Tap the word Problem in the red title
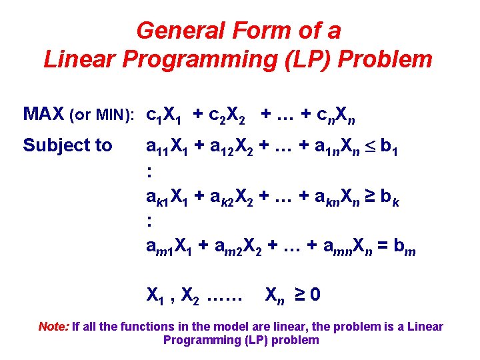[385, 59]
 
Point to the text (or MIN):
[103, 115]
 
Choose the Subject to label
[67, 145]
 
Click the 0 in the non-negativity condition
[313, 293]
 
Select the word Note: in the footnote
[53, 327]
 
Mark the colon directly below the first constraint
[149, 171]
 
